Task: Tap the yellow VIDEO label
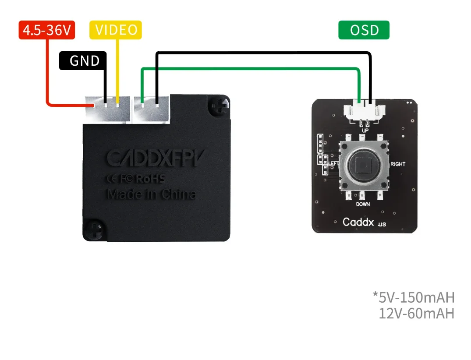(116, 30)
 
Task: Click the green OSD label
(364, 30)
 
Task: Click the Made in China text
(151, 194)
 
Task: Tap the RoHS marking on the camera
(150, 179)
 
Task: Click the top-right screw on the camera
(220, 105)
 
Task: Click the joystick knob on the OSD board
(363, 166)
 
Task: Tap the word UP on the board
(364, 131)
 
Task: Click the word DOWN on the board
(363, 204)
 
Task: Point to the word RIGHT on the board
(397, 164)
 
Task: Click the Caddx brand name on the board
(358, 222)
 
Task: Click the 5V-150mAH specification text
(414, 297)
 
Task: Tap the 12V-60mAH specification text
(416, 314)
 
